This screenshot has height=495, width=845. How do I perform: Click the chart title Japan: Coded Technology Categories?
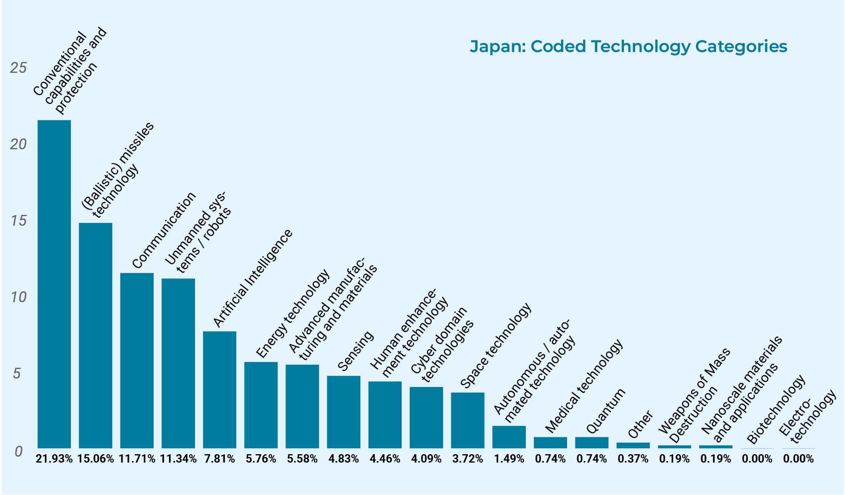coord(628,46)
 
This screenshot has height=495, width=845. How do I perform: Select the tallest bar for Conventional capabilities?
coord(54,284)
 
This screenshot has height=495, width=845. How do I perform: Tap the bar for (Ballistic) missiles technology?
coord(95,335)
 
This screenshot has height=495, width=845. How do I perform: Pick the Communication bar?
coord(137,360)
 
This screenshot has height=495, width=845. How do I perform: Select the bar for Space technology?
coord(468,420)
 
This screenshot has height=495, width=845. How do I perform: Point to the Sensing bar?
coord(344,412)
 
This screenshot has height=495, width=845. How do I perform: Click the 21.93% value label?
coord(54,459)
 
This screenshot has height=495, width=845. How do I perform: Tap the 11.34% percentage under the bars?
coord(178,459)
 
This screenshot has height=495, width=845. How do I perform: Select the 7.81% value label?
coord(219,459)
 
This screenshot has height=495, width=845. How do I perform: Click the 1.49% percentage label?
coord(509,459)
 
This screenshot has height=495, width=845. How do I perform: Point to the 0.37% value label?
coord(633,459)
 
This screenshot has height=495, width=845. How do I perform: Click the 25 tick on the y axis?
coord(18,68)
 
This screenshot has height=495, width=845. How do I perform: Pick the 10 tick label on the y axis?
coord(18,297)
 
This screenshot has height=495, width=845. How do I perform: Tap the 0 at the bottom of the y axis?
coord(18,451)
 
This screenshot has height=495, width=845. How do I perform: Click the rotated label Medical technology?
coord(583,386)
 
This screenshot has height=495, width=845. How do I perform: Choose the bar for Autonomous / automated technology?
coord(509,437)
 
